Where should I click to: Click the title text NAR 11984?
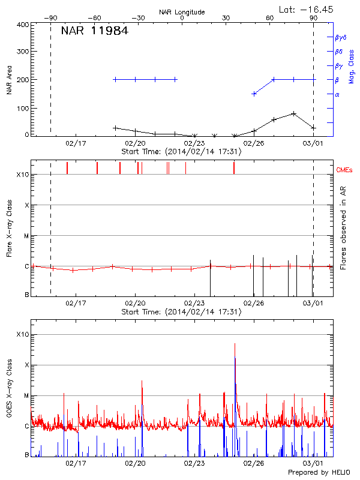[x=94, y=31]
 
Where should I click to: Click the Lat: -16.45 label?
[x=307, y=8]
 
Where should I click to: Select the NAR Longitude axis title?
[x=182, y=11]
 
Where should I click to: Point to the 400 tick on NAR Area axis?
[x=23, y=25]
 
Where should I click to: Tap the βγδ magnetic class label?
[x=340, y=37]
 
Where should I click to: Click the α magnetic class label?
[x=337, y=94]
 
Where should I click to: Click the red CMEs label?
[x=346, y=170]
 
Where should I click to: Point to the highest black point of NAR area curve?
[x=293, y=113]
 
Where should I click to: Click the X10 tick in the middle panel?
[x=23, y=175]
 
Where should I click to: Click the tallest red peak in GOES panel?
[x=235, y=344]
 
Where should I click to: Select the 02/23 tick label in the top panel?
[x=194, y=143]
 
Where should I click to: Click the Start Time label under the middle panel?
[x=181, y=312]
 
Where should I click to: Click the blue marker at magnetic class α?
[x=254, y=94]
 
